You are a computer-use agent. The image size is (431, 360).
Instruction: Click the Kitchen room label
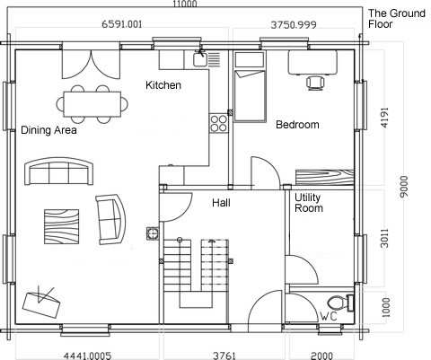tap(163, 85)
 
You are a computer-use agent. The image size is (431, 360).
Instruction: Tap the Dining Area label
tap(48, 130)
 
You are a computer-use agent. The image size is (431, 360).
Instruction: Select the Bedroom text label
tap(297, 125)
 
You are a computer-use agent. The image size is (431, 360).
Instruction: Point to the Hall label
tap(221, 203)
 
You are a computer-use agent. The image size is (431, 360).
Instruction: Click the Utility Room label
tap(309, 203)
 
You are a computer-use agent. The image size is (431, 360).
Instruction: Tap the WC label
tap(329, 316)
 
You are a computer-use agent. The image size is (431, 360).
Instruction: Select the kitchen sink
tap(199, 58)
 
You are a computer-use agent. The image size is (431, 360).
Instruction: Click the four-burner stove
tap(218, 123)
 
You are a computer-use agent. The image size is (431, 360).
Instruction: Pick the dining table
tap(92, 104)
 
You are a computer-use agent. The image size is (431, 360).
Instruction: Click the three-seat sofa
tap(58, 171)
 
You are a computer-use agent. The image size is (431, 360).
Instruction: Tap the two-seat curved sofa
tap(110, 219)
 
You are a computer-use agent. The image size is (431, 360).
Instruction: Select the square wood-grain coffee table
tap(62, 226)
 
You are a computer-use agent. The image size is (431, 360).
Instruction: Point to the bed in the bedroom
tap(250, 87)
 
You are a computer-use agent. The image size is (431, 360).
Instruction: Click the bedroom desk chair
tap(315, 83)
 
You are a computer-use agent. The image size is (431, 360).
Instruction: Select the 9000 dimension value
tap(404, 186)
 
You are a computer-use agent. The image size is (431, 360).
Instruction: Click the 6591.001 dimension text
tap(122, 24)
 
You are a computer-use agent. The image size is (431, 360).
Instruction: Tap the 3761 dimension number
tap(224, 356)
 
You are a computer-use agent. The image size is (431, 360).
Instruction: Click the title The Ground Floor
tap(397, 19)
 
